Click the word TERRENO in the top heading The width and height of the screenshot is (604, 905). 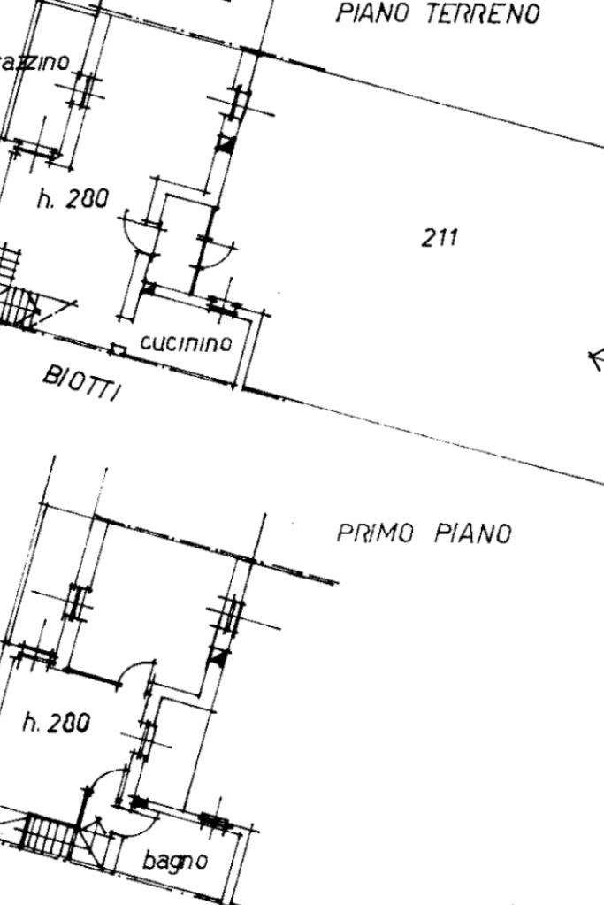[x=483, y=14]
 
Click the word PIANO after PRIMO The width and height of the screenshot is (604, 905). [x=473, y=534]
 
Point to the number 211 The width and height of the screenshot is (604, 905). [x=440, y=237]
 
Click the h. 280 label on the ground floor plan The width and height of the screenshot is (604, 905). [x=73, y=199]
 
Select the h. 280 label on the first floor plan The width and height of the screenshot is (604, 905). [x=56, y=724]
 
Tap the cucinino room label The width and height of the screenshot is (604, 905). [x=187, y=343]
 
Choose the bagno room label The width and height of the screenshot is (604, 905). [x=175, y=860]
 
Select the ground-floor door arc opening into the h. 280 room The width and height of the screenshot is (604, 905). [x=137, y=232]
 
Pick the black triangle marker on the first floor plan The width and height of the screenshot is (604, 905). [x=218, y=656]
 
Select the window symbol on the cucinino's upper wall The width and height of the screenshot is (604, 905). [x=223, y=306]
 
